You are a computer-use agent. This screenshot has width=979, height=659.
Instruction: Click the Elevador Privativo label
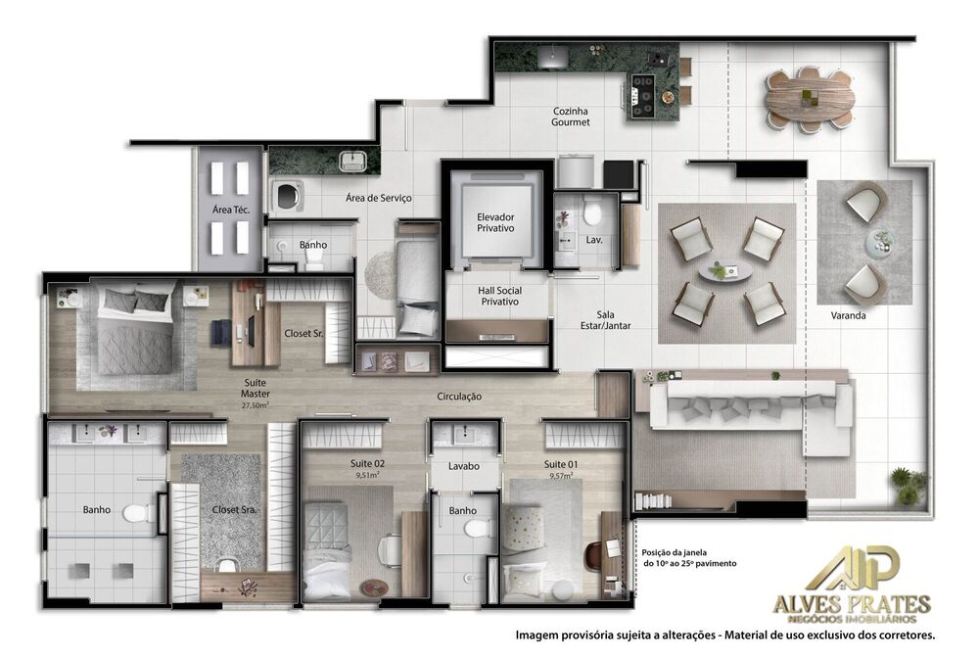coord(495,222)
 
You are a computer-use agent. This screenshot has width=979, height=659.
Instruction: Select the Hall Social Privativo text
coord(499,296)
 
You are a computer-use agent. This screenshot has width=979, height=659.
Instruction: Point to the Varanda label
coord(848,316)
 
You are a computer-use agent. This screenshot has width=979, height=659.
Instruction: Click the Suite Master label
coord(255,389)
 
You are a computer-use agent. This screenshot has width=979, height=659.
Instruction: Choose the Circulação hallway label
coord(459,397)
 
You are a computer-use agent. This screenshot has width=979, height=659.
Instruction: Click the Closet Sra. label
coord(234,510)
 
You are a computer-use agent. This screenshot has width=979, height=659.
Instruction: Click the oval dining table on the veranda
coord(809,98)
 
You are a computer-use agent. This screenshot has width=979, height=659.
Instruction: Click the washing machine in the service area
coord(287,196)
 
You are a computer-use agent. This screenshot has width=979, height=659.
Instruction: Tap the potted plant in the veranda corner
coord(909,485)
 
